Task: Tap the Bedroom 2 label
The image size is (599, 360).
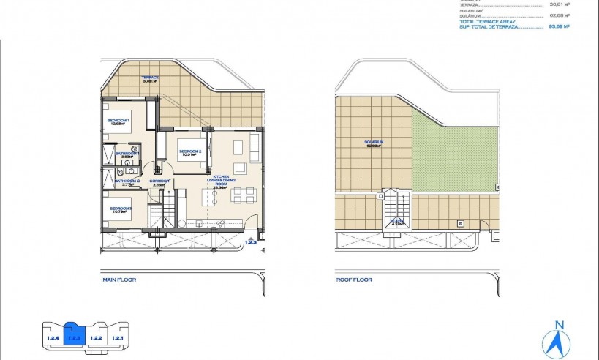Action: pyautogui.click(x=190, y=152)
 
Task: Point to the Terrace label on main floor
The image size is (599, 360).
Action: pyautogui.click(x=151, y=78)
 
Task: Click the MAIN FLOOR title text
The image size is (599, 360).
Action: pyautogui.click(x=118, y=280)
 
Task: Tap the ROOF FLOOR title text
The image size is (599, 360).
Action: pyautogui.click(x=354, y=280)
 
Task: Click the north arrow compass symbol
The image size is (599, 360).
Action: pyautogui.click(x=559, y=340)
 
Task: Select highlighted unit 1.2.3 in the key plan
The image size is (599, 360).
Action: pyautogui.click(x=75, y=337)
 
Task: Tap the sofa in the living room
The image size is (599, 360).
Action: pyautogui.click(x=255, y=147)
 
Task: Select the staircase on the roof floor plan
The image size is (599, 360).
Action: pyautogui.click(x=397, y=209)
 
